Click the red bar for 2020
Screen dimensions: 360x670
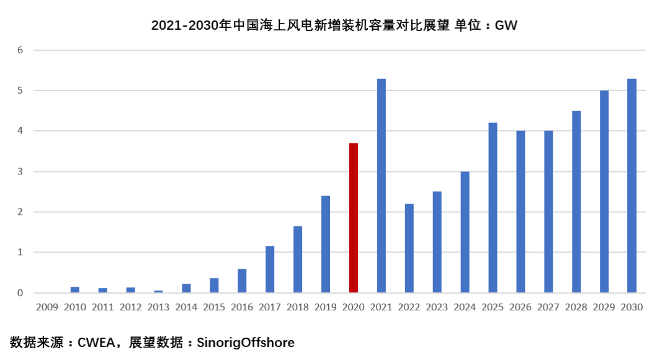tap(354, 218)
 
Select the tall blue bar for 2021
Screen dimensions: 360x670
tap(382, 186)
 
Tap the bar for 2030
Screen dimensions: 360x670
tap(632, 186)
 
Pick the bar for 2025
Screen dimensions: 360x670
tap(493, 208)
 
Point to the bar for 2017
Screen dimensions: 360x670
tap(270, 269)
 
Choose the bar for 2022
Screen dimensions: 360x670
tap(409, 248)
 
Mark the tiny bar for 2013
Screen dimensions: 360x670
tap(158, 291)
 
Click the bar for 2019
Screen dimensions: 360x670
tap(326, 244)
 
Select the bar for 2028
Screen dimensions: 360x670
tap(576, 202)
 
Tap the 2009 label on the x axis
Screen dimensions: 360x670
tap(47, 307)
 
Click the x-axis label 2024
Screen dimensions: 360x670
tap(465, 307)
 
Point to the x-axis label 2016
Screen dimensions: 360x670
tap(242, 307)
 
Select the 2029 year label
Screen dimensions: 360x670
tap(604, 307)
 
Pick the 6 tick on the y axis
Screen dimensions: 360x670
tap(20, 50)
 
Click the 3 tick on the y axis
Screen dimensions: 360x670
tap(20, 171)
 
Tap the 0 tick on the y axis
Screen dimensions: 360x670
tap(20, 293)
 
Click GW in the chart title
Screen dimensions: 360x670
tap(506, 25)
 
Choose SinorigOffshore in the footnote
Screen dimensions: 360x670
tap(246, 342)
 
